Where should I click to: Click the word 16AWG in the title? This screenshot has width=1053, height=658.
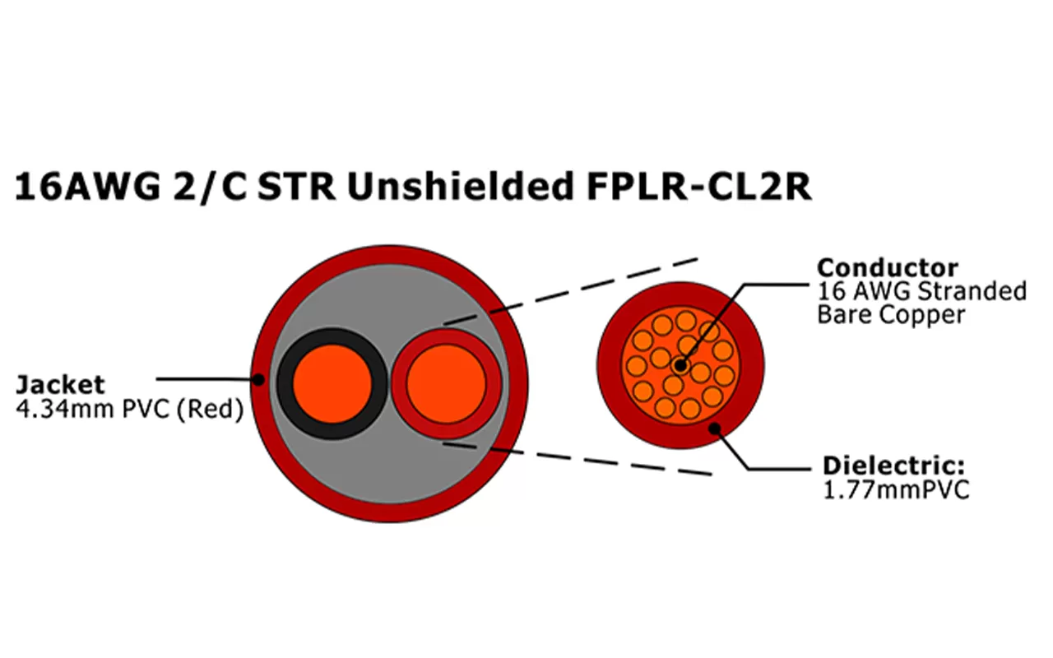[78, 188]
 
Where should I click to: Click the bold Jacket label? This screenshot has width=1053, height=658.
[60, 385]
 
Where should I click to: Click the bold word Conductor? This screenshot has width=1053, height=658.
[876, 268]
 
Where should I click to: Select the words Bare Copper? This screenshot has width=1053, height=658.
[890, 315]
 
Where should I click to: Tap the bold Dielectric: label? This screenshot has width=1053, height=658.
[893, 466]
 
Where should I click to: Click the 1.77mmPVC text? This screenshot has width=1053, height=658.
[896, 490]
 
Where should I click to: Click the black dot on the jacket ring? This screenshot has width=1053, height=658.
[258, 380]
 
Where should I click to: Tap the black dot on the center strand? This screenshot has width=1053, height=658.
[680, 364]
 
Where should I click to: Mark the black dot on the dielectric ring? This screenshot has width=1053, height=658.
[715, 429]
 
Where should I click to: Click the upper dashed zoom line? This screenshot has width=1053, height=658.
[592, 284]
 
